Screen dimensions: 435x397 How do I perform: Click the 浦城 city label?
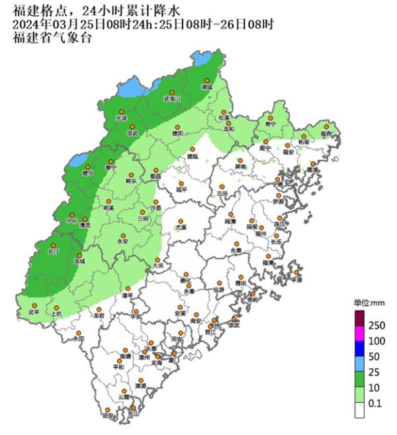coord(206,87)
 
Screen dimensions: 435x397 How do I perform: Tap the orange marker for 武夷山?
coord(172,93)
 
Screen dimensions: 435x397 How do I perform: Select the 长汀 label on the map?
coord(54,252)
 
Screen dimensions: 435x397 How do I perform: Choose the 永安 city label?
coord(122,242)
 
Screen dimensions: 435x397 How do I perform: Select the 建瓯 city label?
coord(192,157)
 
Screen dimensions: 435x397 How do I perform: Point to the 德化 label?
coord(187,281)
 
